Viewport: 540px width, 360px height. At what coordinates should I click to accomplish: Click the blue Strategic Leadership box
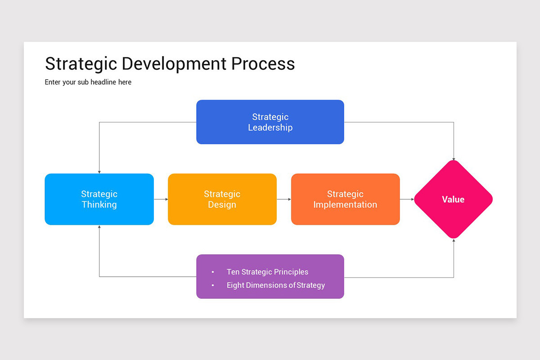[270, 122]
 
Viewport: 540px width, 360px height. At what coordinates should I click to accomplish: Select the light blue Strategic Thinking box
[99, 199]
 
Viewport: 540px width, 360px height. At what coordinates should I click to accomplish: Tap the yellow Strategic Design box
[222, 199]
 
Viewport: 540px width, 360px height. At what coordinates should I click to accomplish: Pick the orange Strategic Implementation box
[345, 199]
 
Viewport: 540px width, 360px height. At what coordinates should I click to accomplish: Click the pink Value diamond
[453, 199]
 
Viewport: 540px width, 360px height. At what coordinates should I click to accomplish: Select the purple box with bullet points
[270, 276]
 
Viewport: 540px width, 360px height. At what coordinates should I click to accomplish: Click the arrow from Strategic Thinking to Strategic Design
[161, 199]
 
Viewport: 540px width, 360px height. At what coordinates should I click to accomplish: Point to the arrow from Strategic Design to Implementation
[284, 199]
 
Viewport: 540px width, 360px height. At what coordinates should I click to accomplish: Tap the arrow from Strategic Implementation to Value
[407, 199]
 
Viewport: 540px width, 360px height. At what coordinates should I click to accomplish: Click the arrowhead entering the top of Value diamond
[454, 159]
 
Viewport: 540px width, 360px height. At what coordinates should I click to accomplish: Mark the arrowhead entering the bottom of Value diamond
[454, 240]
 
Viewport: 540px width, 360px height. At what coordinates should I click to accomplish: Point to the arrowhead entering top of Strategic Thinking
[99, 171]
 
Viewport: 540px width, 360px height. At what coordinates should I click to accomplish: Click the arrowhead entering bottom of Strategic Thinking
[99, 227]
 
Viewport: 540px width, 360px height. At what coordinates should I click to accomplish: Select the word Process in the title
[263, 64]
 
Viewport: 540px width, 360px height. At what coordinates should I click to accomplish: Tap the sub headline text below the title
[88, 82]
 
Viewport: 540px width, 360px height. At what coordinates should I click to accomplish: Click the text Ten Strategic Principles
[267, 272]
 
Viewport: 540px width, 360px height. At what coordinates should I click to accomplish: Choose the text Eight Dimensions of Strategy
[275, 285]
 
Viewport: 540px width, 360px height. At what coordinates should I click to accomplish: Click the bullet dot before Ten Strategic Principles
[213, 272]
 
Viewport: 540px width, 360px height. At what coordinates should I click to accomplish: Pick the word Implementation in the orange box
[345, 205]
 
